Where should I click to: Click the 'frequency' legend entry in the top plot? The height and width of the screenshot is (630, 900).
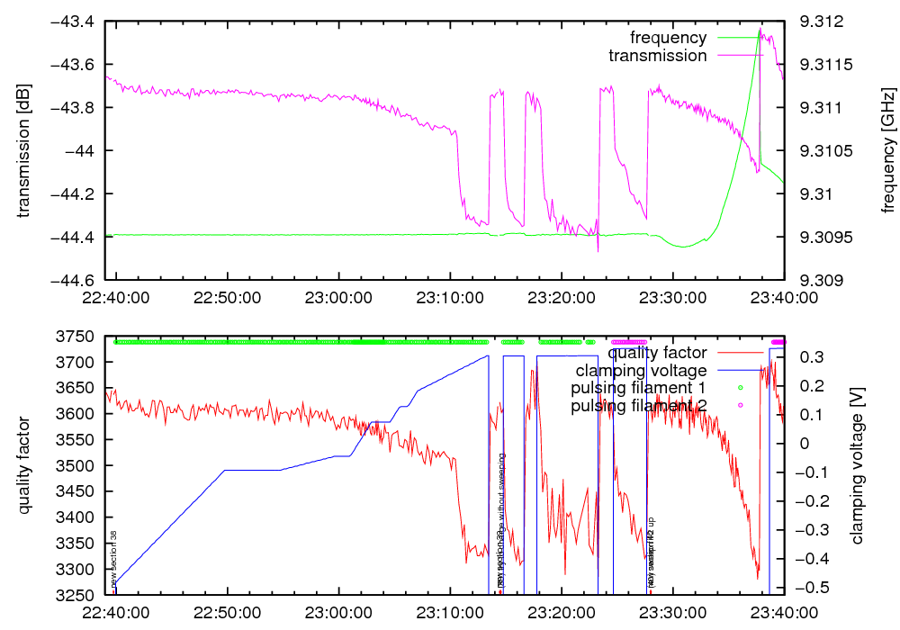[x=668, y=38]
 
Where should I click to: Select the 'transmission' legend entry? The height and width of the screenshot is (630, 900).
[x=658, y=56]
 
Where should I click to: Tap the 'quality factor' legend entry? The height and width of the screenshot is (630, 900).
[x=662, y=353]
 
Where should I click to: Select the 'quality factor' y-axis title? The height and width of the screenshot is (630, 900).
[x=23, y=465]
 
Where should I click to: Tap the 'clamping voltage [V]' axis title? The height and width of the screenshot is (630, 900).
[x=857, y=465]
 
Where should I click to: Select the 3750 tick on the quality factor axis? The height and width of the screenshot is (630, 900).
[x=78, y=337]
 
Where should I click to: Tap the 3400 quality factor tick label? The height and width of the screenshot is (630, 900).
[x=78, y=517]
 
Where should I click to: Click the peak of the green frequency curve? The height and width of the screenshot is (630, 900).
[x=760, y=29]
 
